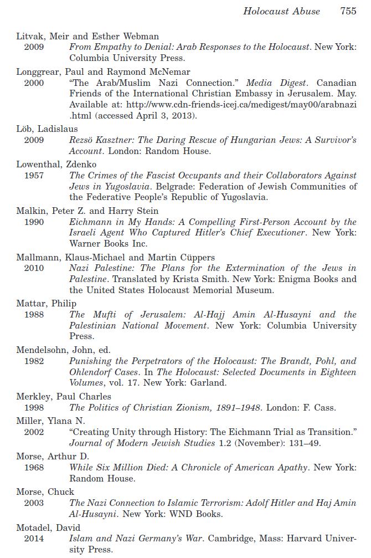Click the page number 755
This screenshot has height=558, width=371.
(348, 11)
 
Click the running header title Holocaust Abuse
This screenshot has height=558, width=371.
(281, 11)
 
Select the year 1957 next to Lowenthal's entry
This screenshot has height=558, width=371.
(34, 175)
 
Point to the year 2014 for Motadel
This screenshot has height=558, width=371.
(34, 539)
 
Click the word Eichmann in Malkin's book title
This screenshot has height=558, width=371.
(90, 222)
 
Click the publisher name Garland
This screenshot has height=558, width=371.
(195, 382)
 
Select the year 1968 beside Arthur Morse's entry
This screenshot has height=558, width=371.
(34, 467)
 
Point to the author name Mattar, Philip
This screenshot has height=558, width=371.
(47, 304)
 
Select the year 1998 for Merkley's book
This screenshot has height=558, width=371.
(34, 407)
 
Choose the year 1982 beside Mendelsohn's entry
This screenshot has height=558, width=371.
(34, 361)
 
